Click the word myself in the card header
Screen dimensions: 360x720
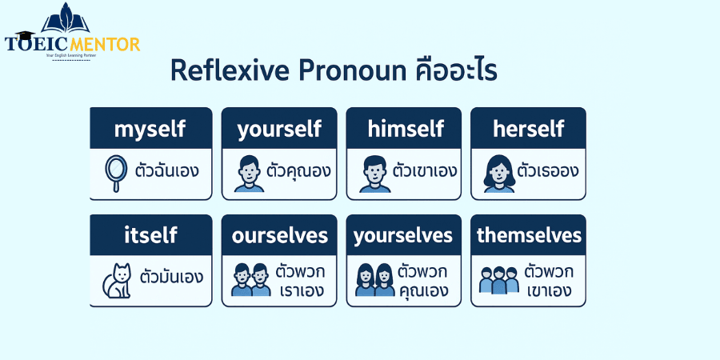150,128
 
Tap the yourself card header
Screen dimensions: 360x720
279,128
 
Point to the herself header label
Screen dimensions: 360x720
528,128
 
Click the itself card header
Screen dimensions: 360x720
150,235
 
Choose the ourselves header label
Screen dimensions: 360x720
279,235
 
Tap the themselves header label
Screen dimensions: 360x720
528,235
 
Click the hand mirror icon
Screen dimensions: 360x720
117,173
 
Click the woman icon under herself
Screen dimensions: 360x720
498,173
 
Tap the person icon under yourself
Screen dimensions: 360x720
249,174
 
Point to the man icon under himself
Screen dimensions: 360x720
374,174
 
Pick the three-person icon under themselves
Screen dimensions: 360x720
498,280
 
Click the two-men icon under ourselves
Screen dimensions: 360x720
250,280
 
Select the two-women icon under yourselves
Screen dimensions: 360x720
374,280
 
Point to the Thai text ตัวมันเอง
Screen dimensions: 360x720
171,278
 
